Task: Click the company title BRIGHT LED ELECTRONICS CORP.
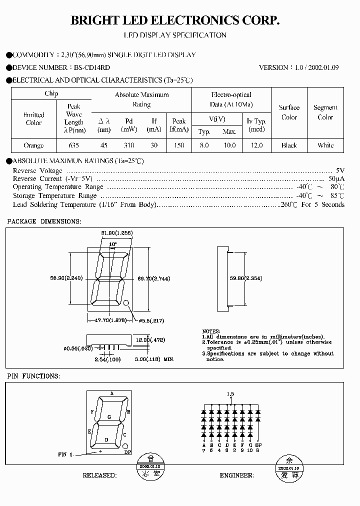tap(174, 20)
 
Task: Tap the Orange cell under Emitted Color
tap(33, 145)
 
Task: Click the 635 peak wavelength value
tap(73, 145)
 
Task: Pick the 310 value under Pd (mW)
tap(128, 145)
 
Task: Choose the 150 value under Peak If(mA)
tap(179, 145)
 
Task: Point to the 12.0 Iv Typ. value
tap(256, 145)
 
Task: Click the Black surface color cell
tap(289, 145)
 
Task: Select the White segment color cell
tap(325, 145)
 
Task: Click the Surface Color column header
tap(289, 112)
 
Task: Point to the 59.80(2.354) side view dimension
tap(246, 278)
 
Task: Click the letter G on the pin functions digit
tap(109, 416)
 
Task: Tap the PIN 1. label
tap(65, 454)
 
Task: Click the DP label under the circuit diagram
tap(258, 444)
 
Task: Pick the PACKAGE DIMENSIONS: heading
tap(44, 221)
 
